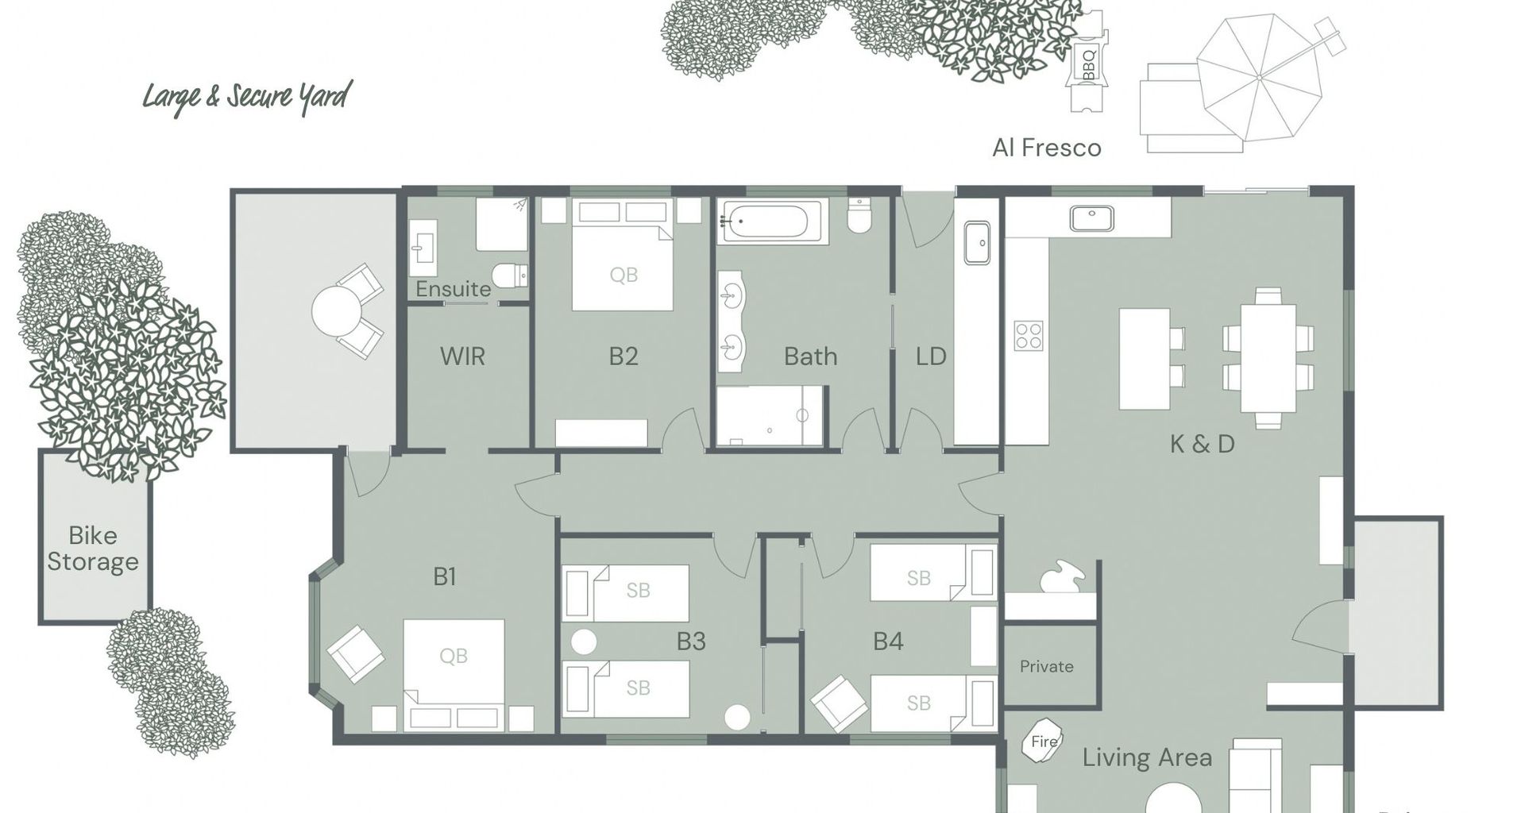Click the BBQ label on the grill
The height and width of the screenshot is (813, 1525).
(x=1088, y=64)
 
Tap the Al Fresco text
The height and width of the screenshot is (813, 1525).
(x=1047, y=148)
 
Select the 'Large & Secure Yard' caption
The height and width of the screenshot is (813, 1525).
(x=246, y=98)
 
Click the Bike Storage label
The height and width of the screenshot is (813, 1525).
(x=93, y=548)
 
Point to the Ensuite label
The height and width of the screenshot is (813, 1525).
(x=454, y=289)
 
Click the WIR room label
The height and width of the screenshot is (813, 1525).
(x=462, y=356)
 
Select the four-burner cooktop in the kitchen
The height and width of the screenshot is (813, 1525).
(x=1029, y=335)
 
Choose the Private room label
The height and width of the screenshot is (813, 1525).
(x=1046, y=667)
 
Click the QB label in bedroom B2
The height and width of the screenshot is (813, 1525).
(x=624, y=275)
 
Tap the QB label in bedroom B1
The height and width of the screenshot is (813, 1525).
(x=454, y=656)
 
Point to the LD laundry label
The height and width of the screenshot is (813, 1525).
(x=931, y=356)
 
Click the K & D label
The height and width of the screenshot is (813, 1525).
(x=1203, y=444)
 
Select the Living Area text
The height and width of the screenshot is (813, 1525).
(x=1147, y=758)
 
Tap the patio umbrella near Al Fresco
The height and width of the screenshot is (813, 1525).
(x=1261, y=77)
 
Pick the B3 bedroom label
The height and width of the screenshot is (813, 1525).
(x=691, y=642)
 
